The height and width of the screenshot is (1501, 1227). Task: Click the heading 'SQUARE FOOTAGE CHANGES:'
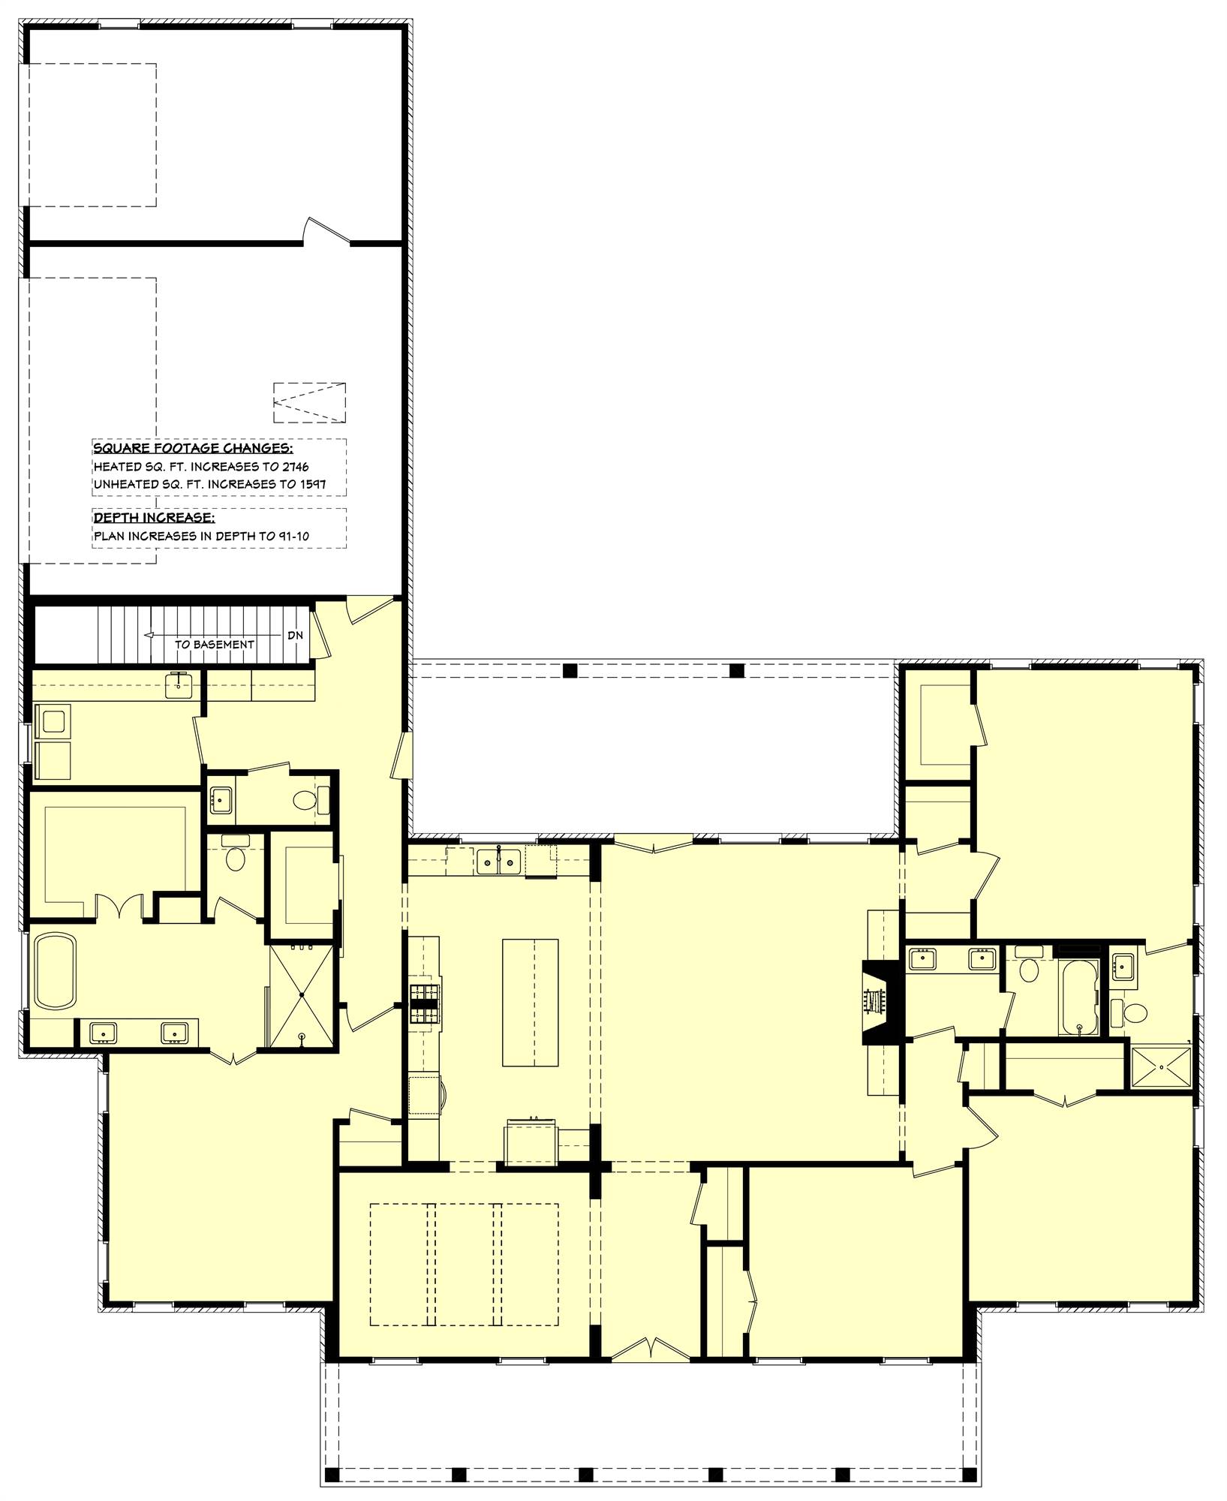(x=192, y=449)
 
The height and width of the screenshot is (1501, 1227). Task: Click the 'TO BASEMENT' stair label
(x=214, y=644)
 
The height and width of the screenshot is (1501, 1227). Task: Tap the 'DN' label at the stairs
(x=295, y=635)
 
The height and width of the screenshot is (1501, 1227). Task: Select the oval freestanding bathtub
(x=55, y=970)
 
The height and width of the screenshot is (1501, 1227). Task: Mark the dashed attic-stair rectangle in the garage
(x=309, y=403)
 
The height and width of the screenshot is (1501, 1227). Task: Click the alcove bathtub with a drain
(x=1078, y=998)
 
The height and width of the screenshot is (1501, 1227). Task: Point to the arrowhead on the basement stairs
(x=149, y=635)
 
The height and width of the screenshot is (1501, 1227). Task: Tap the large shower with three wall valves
(x=301, y=994)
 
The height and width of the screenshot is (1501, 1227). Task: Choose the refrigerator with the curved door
(x=425, y=1098)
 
